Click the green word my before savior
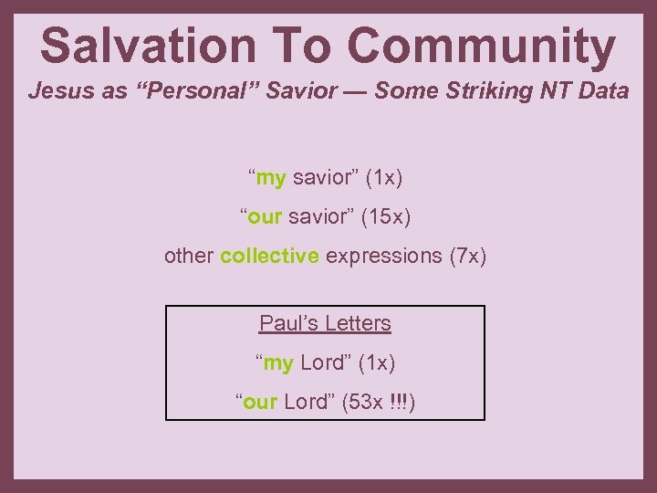click(271, 177)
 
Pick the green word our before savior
click(264, 216)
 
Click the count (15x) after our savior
click(385, 216)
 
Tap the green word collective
click(269, 256)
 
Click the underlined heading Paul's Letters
click(325, 323)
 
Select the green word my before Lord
click(278, 362)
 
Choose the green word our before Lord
click(260, 402)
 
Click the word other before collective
click(189, 256)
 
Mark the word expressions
click(383, 256)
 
